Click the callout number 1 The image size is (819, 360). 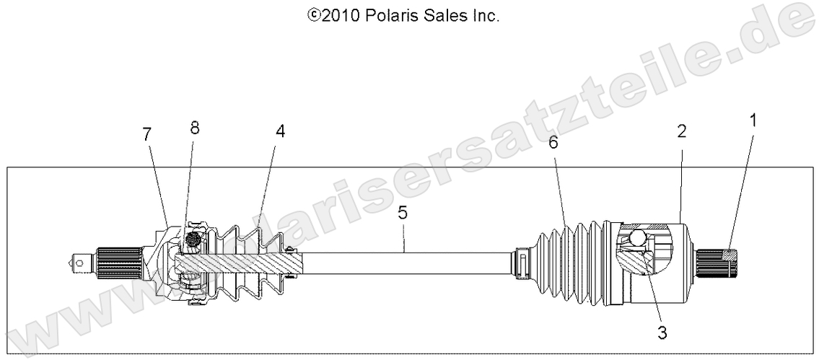pyautogui.click(x=753, y=120)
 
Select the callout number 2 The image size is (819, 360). pyautogui.click(x=681, y=131)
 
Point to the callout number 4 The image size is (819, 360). pyautogui.click(x=280, y=131)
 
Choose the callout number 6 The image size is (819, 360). pyautogui.click(x=553, y=142)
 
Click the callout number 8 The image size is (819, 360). pyautogui.click(x=194, y=128)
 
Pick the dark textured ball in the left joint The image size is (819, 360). pyautogui.click(x=193, y=239)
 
